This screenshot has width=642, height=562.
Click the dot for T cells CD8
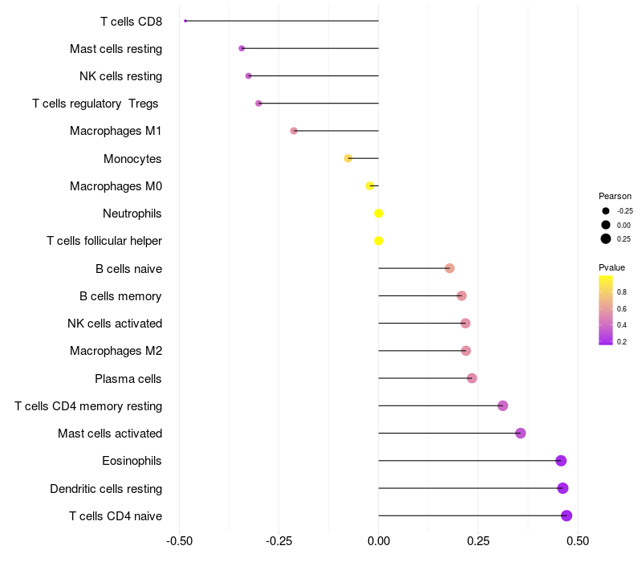coord(185,21)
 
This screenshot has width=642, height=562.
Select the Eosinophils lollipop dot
coord(561,461)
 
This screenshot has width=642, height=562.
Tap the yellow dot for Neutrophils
coord(379,214)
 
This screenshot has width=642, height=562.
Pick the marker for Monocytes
coord(348,158)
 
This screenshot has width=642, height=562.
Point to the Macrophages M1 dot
coord(294,131)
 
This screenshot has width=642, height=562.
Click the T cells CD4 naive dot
coord(567,515)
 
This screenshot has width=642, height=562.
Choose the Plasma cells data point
coord(472,378)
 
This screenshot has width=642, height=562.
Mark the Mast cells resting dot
coord(242,48)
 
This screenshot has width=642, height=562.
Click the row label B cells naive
coord(128,268)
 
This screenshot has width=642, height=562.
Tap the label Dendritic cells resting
coord(106,488)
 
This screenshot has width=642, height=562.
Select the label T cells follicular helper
coord(104,241)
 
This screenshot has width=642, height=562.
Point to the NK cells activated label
coord(115,324)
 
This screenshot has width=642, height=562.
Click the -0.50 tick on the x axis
coord(179,541)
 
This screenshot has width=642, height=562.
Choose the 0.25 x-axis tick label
coord(478,541)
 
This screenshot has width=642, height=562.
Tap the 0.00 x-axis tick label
coord(379,541)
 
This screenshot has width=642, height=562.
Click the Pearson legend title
coord(615,196)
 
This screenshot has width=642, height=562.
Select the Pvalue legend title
coord(612,267)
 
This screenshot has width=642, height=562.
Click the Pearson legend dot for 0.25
coord(606,238)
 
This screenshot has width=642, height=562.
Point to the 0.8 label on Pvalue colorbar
coord(622,292)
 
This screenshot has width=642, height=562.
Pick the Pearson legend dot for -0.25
coord(606,211)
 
